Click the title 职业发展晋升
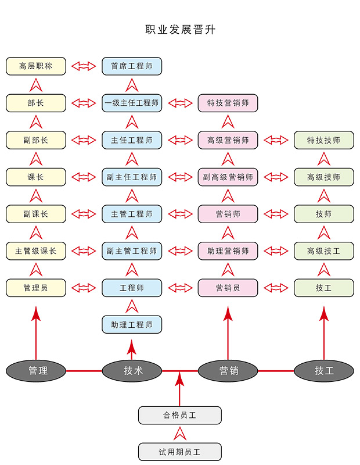pos(180,30)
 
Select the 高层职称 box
pos(36,66)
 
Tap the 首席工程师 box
pos(132,66)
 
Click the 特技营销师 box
pos(228,103)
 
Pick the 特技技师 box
pos(323,140)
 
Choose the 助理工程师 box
pos(132,324)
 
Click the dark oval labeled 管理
pos(36,370)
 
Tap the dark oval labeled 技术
pos(132,370)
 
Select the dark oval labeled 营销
pos(228,370)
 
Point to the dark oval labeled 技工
pos(323,370)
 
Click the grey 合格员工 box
pos(180,415)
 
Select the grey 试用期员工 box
pos(180,452)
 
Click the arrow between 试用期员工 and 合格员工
pos(180,433)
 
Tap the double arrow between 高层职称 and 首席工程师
pos(84,66)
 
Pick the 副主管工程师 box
pos(132,251)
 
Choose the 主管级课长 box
pos(36,251)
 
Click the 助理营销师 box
pos(228,251)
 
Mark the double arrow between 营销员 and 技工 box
pos(276,287)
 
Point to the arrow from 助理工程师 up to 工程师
pos(132,306)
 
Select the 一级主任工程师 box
pos(132,103)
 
